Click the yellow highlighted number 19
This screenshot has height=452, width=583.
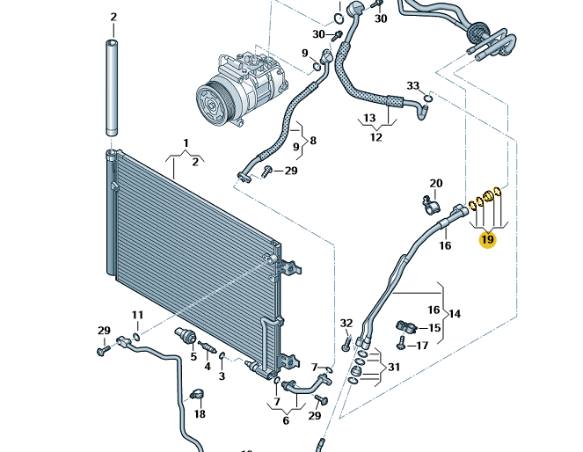coord(487,240)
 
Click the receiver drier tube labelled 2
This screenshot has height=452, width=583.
coord(112,87)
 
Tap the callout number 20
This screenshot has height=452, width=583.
coord(436,183)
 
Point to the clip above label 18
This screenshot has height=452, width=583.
coord(198,394)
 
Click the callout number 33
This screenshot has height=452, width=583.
coord(412,86)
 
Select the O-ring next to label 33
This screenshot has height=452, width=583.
coord(428,98)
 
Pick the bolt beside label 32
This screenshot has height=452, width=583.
coord(346,342)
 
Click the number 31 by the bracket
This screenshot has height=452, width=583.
coord(394,368)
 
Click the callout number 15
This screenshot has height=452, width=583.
coord(434,328)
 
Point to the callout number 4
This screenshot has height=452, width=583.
coord(208,367)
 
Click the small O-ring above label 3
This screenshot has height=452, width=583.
coord(222,356)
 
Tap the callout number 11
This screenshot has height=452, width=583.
coord(137,315)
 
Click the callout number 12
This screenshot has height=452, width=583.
coord(375,137)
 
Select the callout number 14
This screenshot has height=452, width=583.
coord(455,314)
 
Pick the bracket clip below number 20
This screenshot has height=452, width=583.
coord(430,204)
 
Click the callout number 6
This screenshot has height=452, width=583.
coord(286,420)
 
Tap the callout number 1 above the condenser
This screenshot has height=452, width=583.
coord(186,142)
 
